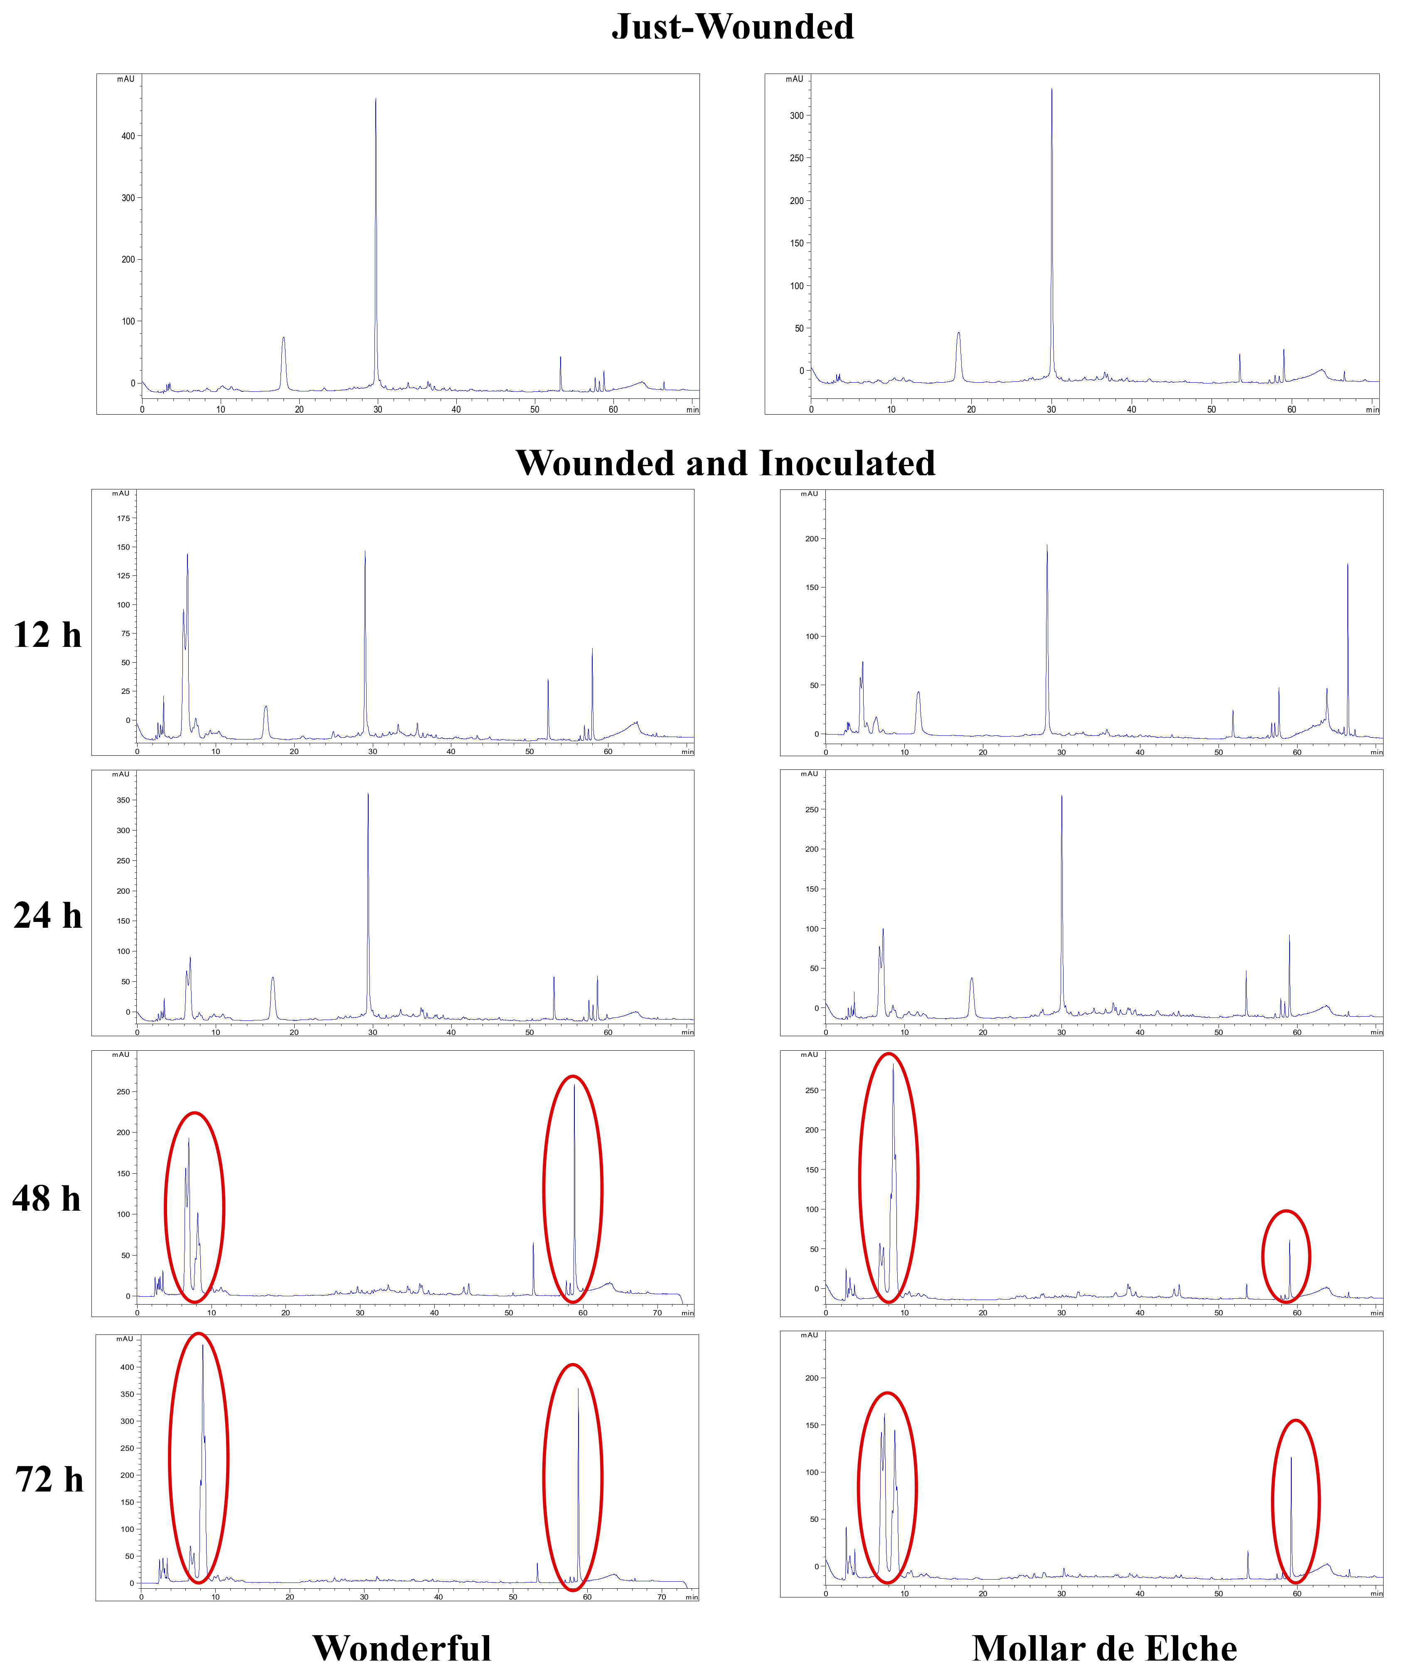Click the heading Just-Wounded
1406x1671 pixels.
[x=732, y=27]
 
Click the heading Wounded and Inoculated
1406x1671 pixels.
[x=725, y=464]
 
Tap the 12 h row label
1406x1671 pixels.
[x=48, y=635]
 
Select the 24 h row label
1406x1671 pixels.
[x=48, y=916]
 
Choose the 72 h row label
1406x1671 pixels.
[x=49, y=1480]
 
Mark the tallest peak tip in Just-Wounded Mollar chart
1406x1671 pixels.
[x=1052, y=89]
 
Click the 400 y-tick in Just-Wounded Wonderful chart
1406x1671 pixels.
[x=128, y=136]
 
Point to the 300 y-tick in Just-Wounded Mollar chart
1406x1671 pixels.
[x=796, y=115]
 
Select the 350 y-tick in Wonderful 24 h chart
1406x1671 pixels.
[x=123, y=800]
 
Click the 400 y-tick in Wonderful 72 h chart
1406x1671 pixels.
[x=127, y=1367]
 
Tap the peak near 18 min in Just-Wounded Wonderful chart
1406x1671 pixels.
[x=283, y=338]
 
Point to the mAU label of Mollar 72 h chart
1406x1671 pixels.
[x=809, y=1335]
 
